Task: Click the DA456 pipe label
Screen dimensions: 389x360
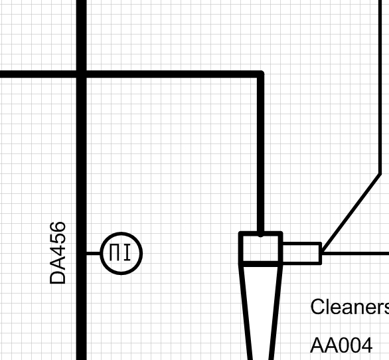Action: [58, 253]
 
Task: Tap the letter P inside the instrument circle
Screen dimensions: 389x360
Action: [114, 252]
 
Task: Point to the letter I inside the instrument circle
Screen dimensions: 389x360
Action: [127, 252]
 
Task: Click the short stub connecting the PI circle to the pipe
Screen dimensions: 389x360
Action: [94, 253]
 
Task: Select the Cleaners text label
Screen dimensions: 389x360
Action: [350, 307]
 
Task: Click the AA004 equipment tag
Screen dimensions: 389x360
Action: [341, 345]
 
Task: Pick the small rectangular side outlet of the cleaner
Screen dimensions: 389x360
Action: [302, 253]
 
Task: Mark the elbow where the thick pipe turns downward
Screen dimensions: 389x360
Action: [260, 74]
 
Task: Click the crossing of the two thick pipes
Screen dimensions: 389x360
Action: [82, 74]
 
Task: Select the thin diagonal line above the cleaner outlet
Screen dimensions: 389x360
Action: [351, 213]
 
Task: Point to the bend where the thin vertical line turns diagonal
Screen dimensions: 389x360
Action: [380, 173]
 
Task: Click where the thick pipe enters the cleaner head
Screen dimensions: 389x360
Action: [260, 234]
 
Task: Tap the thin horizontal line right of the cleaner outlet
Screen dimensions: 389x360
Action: [355, 253]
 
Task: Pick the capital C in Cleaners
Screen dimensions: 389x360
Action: [317, 307]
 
